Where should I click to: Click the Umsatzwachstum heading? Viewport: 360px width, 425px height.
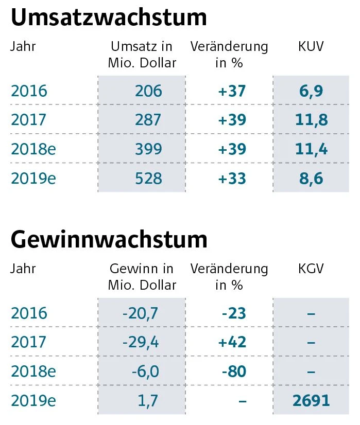point(109,17)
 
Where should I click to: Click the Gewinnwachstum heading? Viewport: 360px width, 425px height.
point(109,239)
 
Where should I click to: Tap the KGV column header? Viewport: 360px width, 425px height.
point(311,269)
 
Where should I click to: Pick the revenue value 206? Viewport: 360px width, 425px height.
point(148,91)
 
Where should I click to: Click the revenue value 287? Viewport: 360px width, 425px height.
point(148,120)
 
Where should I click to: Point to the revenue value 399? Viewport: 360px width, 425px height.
point(148,149)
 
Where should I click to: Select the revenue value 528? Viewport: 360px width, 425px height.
point(148,179)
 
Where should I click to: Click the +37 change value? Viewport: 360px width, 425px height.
point(232,91)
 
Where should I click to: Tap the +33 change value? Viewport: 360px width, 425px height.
point(232,179)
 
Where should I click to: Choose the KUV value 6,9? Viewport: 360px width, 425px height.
point(311,91)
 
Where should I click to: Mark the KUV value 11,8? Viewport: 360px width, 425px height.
point(311,120)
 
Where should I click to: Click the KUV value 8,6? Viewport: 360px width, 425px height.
point(311,179)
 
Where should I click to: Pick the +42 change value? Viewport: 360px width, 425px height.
point(232,342)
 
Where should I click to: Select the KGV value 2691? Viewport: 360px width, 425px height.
point(311,400)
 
